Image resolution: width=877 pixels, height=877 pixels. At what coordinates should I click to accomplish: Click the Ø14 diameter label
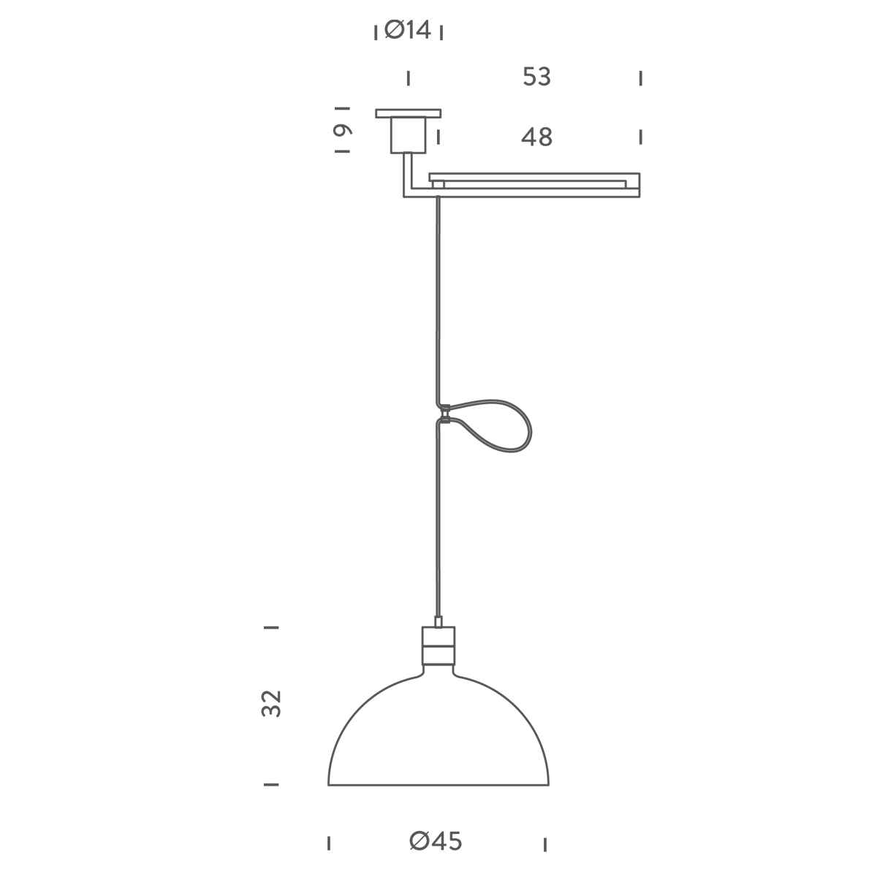pos(407,31)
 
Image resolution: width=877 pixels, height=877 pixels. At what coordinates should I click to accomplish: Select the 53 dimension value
pos(537,77)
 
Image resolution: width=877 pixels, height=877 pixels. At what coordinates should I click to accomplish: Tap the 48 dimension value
pos(537,137)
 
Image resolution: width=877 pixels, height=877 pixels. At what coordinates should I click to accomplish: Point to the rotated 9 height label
pos(343,130)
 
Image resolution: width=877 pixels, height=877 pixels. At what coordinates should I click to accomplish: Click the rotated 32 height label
pos(272,704)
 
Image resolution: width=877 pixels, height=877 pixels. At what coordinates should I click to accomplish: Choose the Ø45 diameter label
pos(436,841)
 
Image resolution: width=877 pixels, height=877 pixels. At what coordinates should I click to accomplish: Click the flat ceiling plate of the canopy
pos(409,113)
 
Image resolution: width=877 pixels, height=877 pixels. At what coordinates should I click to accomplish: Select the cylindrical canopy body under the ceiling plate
pos(409,135)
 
